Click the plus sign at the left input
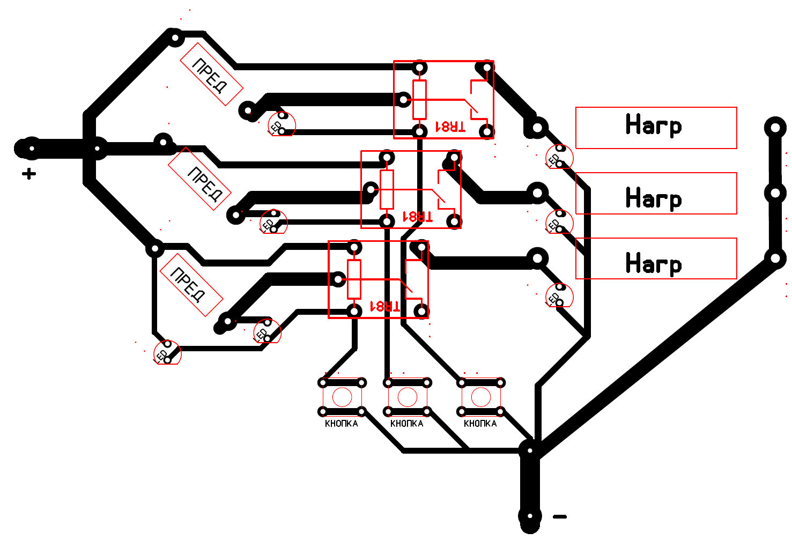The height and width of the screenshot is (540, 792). click(29, 174)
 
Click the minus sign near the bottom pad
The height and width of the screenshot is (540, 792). click(559, 517)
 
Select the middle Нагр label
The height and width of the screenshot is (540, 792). click(654, 198)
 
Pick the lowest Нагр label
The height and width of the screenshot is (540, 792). click(654, 264)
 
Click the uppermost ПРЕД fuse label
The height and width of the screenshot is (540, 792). click(211, 75)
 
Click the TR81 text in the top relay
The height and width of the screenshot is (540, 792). click(450, 127)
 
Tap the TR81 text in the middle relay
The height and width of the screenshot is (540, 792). click(417, 217)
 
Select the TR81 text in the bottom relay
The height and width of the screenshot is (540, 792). click(385, 306)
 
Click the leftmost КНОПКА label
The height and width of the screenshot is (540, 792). click(341, 424)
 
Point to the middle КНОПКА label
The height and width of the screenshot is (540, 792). click(406, 424)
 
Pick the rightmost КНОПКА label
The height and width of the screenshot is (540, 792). click(480, 424)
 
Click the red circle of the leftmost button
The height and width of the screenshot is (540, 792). click(342, 397)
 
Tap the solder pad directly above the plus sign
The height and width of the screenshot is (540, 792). click(32, 149)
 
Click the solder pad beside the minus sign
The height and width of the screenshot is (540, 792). click(530, 516)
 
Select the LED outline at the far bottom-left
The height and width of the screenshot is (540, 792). click(167, 353)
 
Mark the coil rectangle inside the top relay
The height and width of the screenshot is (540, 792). click(419, 100)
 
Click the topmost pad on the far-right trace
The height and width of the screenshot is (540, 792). click(775, 128)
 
